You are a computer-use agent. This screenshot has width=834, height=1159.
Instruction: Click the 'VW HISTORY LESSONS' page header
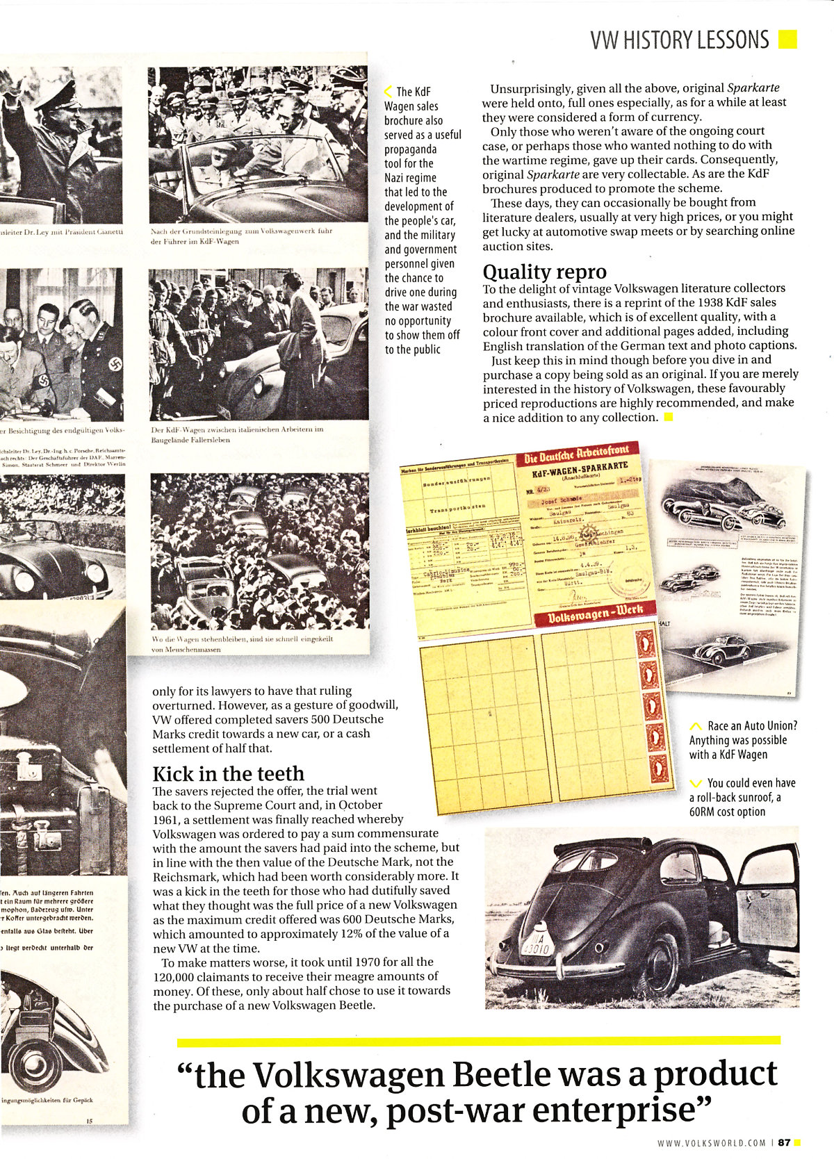click(x=679, y=40)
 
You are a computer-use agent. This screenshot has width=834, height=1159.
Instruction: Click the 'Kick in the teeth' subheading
click(x=228, y=774)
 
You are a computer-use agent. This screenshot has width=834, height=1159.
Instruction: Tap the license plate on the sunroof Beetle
click(x=533, y=946)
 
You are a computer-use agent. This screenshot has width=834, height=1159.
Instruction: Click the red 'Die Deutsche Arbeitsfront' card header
click(x=576, y=458)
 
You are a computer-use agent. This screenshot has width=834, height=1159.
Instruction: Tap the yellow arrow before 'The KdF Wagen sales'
click(x=389, y=91)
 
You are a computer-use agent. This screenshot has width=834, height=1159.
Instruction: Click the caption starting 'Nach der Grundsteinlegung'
click(x=241, y=236)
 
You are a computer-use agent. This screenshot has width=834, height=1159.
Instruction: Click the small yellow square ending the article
click(x=669, y=418)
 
